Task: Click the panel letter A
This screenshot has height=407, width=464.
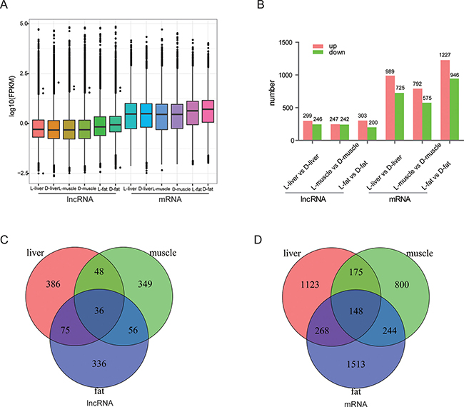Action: [8, 8]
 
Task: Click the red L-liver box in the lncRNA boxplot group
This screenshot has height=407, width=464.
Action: [38, 128]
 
